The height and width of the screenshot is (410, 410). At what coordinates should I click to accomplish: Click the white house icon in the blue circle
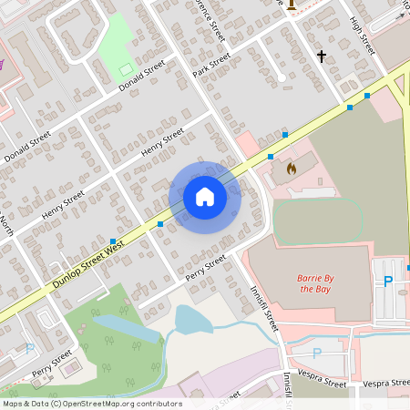(x=205, y=197)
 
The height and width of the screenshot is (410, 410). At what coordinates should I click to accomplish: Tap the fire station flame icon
(x=291, y=168)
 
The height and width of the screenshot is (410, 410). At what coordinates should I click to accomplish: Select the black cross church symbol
(x=321, y=56)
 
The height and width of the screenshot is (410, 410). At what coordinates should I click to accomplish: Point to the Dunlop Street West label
(x=87, y=265)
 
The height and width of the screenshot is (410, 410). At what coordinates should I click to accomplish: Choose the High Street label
(x=362, y=36)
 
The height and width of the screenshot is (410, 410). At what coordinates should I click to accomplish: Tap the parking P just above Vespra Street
(x=317, y=353)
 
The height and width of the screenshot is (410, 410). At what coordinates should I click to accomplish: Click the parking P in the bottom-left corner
(x=30, y=347)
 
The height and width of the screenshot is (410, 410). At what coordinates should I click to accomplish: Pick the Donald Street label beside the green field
(x=141, y=76)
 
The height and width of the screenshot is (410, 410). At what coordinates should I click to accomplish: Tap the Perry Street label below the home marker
(x=205, y=267)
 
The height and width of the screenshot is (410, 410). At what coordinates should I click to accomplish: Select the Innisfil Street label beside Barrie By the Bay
(x=265, y=304)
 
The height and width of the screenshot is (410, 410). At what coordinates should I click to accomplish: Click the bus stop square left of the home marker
(x=160, y=223)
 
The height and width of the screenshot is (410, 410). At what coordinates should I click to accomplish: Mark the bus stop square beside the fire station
(x=284, y=135)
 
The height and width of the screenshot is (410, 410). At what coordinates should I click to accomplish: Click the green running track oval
(x=319, y=220)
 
